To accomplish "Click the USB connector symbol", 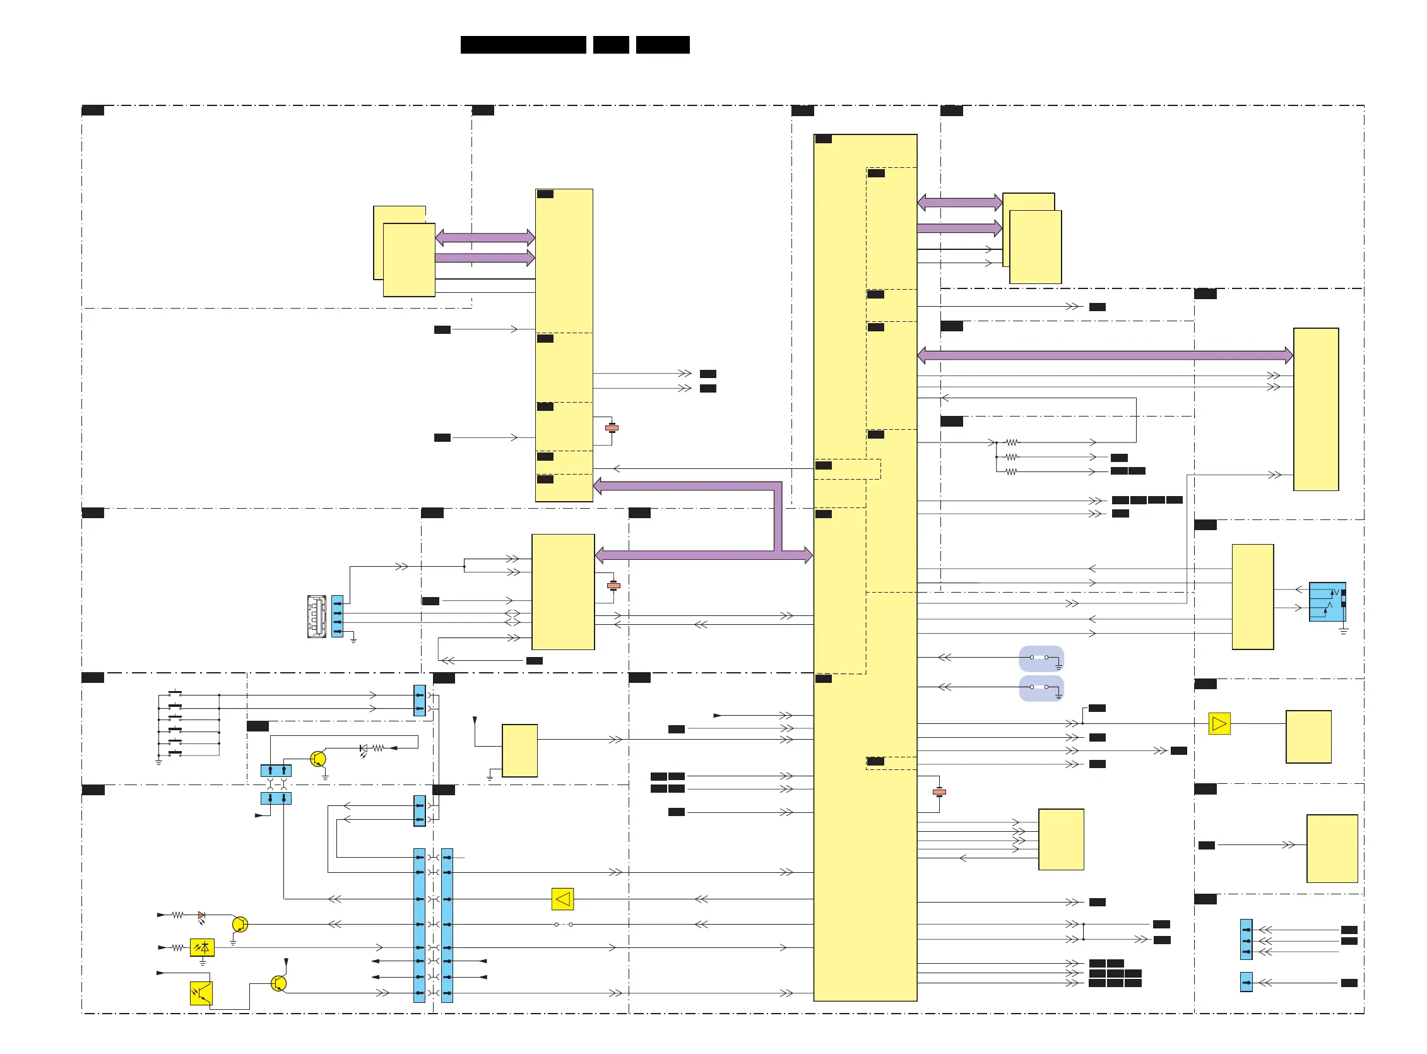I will click(x=316, y=617).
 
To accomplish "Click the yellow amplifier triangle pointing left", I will click(x=562, y=899).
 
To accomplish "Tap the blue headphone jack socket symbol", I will click(x=1327, y=601).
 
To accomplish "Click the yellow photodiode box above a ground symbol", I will click(x=201, y=947).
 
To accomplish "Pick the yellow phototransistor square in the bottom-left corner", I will click(x=201, y=993).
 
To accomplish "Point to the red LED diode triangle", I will click(x=201, y=915).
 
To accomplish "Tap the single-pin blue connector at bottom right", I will click(x=1246, y=982).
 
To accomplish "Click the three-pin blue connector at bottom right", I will click(x=1246, y=940).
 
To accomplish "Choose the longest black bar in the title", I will click(x=523, y=45).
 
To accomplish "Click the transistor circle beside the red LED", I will click(x=240, y=924).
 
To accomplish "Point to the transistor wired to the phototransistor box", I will click(x=279, y=983).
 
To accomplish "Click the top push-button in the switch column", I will click(x=175, y=694).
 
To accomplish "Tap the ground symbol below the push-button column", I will click(x=159, y=762).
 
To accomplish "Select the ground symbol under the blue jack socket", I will click(x=1344, y=631).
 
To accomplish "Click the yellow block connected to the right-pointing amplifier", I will click(x=1308, y=737).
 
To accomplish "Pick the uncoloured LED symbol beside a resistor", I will click(x=364, y=749).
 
